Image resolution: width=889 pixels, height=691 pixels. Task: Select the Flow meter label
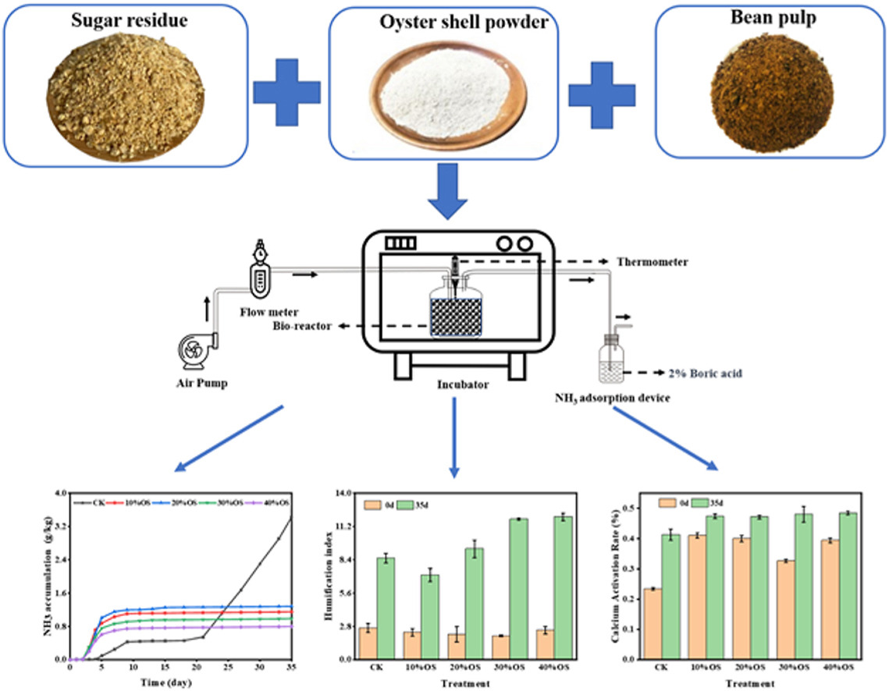coord(266,314)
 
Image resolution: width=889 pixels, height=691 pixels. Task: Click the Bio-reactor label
coord(304,325)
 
